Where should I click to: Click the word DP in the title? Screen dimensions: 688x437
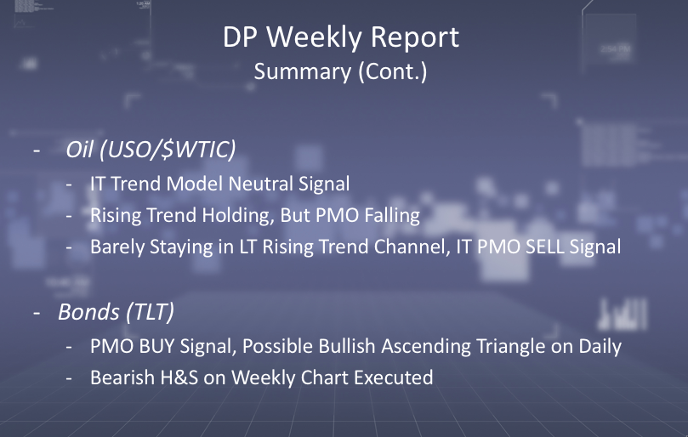point(240,37)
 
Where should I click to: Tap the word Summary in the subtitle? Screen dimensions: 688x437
point(302,72)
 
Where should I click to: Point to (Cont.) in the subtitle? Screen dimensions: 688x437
point(393,72)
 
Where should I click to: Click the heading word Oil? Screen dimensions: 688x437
point(79,150)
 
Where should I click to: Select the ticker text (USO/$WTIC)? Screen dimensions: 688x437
point(168,150)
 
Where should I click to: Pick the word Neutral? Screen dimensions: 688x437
point(260,184)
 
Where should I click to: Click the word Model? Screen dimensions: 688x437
point(195,184)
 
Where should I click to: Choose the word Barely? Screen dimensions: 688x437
point(117,247)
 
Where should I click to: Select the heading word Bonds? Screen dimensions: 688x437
point(88,312)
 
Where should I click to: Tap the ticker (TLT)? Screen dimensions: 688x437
point(150,312)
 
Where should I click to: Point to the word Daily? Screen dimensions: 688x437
point(600,347)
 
